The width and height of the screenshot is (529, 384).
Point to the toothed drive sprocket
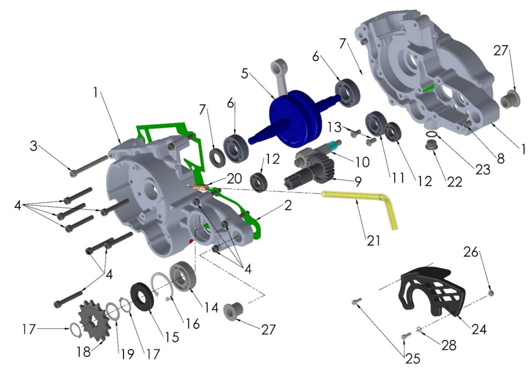tap(94, 318)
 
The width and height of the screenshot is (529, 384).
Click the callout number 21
tap(373, 240)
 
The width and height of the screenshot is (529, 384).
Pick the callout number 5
tap(245, 74)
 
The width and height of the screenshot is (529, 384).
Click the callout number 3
tap(33, 146)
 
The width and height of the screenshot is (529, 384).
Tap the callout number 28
tap(449, 345)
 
